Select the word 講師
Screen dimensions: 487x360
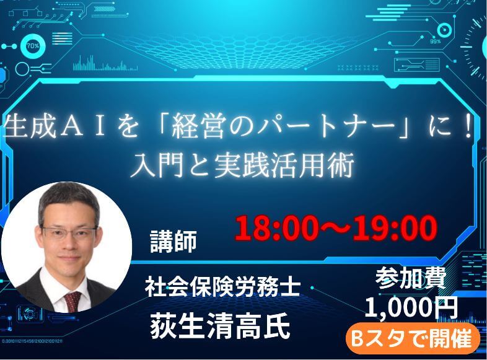pos(173,242)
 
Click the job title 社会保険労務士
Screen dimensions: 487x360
pos(222,287)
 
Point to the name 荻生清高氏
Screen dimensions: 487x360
pos(220,325)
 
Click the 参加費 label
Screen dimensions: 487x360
pos(411,278)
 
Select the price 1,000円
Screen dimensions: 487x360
pos(411,307)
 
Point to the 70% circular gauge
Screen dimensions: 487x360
pos(33,46)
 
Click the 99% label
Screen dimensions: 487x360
pos(435,42)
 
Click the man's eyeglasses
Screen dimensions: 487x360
pos(69,232)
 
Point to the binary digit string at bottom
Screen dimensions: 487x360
pos(32,341)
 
